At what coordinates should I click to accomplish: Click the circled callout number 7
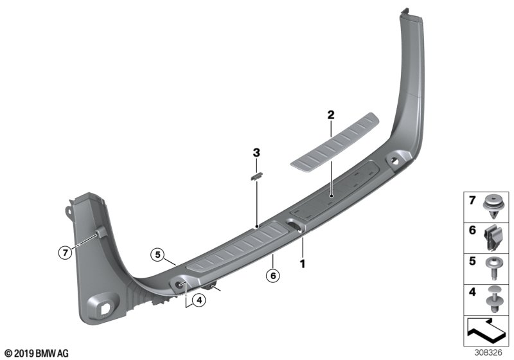tap(66, 253)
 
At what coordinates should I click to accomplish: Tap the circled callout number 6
tap(273, 276)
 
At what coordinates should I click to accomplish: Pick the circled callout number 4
tap(199, 300)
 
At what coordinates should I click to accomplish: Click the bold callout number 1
tap(303, 264)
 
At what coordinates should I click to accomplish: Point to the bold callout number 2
tap(331, 115)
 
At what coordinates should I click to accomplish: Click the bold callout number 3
tap(256, 152)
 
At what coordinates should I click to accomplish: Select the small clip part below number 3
tap(256, 176)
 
